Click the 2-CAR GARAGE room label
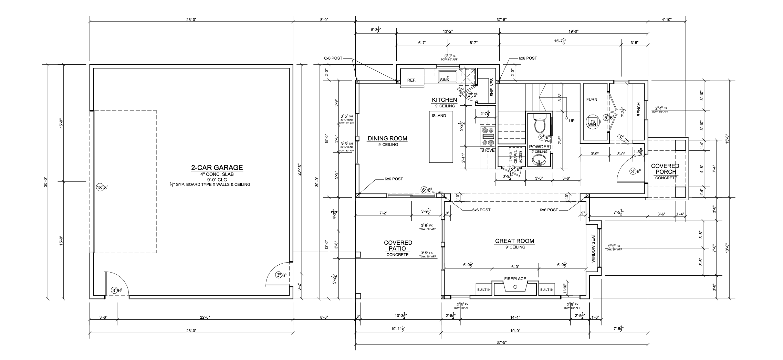[x=217, y=168]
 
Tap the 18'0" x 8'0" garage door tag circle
[x=100, y=188]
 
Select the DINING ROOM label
[x=387, y=139]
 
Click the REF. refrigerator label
[x=412, y=80]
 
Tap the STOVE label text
[x=488, y=150]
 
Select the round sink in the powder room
[x=539, y=160]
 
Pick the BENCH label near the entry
[x=638, y=109]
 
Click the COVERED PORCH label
[x=665, y=169]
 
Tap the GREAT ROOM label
[x=514, y=241]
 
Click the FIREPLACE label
[x=515, y=279]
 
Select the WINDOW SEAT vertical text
[x=593, y=248]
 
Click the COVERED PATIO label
[x=398, y=245]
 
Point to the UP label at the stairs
[x=572, y=121]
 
